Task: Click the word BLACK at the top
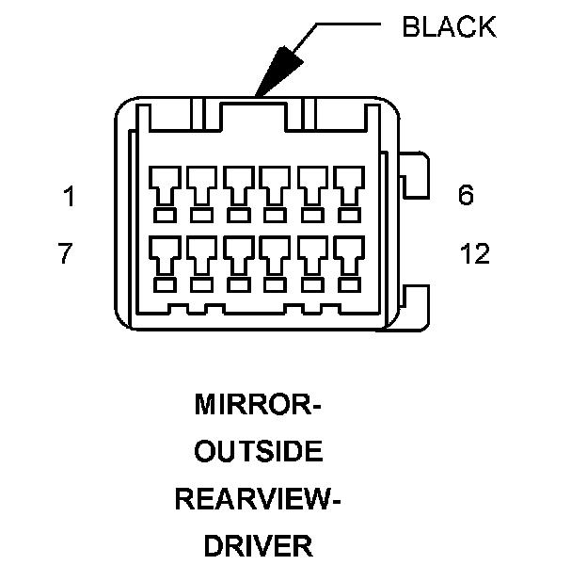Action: tap(448, 26)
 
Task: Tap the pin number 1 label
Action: tap(69, 197)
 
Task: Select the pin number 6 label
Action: tap(466, 196)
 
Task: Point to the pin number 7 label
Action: tap(66, 254)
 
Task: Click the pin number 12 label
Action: tap(475, 254)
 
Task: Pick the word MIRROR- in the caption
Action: tap(258, 406)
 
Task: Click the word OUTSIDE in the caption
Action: tap(258, 452)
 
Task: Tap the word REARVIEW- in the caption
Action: tap(258, 498)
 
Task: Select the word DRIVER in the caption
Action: tap(258, 544)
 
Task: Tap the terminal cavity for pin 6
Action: tap(350, 185)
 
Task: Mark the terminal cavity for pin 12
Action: tap(350, 252)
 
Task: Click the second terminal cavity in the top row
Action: tap(201, 185)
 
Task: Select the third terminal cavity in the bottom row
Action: tap(238, 252)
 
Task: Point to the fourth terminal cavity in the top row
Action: tap(276, 185)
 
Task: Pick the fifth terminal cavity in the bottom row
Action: tap(312, 252)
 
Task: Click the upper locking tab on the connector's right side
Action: tap(415, 175)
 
